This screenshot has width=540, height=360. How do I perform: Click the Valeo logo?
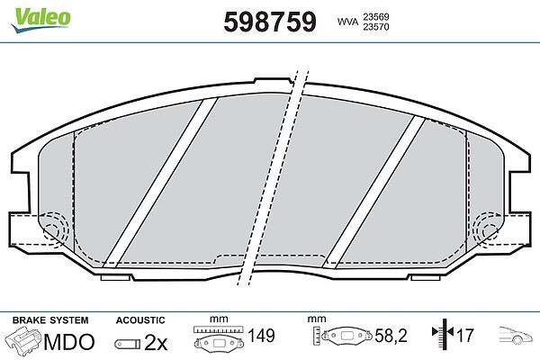40,19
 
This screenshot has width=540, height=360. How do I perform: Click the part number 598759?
270,22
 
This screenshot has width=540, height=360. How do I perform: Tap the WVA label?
347,22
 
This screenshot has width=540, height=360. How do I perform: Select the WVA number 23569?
375,16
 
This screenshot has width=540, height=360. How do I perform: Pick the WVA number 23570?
375,26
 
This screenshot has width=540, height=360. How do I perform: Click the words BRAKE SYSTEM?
50,320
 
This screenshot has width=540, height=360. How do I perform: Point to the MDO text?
69,342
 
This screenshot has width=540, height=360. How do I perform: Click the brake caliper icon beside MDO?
23,339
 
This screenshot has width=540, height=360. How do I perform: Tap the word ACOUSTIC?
140,320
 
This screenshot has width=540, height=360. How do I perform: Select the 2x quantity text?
156,342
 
